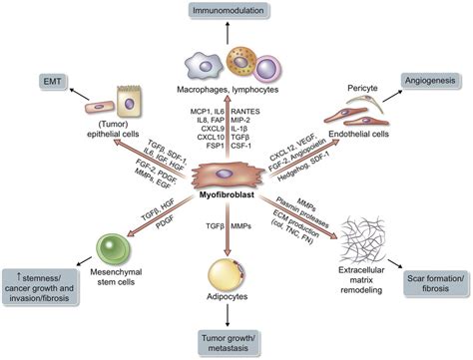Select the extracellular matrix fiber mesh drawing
(x=358, y=239)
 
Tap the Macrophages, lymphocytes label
(x=236, y=87)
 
